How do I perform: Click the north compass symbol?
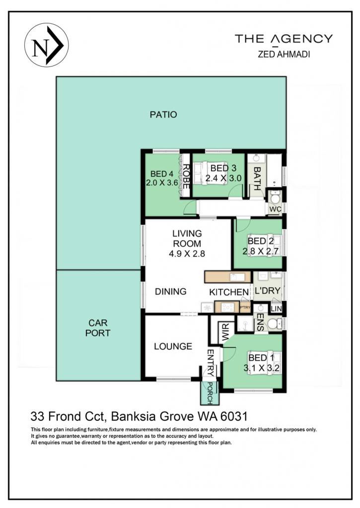click(46, 45)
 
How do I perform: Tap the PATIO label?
click(163, 115)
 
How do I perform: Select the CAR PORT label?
click(98, 328)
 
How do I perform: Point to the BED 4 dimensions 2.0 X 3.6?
click(162, 183)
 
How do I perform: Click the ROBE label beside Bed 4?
click(186, 176)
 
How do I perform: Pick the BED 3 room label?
click(223, 168)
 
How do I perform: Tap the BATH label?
click(257, 178)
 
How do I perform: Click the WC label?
click(276, 209)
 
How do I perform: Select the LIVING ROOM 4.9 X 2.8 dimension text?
click(187, 254)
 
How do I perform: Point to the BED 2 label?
click(260, 241)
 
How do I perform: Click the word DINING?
click(171, 292)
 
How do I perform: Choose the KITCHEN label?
click(229, 292)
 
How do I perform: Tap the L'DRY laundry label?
click(267, 291)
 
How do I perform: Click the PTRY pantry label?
click(245, 307)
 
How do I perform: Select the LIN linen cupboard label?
click(276, 309)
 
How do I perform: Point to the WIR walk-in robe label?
click(226, 332)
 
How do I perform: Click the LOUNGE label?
click(173, 347)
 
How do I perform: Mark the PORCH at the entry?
click(210, 393)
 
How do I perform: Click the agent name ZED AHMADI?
click(284, 54)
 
